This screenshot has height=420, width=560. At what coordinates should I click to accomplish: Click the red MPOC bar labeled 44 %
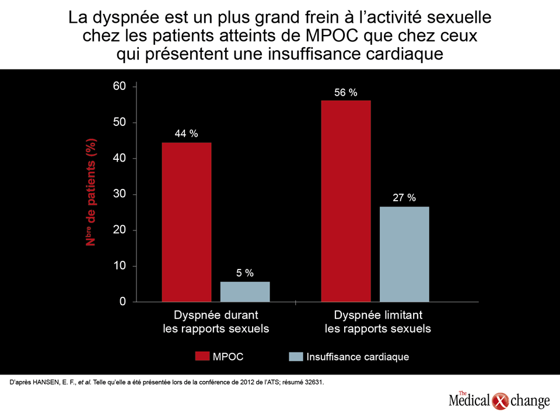click(x=187, y=222)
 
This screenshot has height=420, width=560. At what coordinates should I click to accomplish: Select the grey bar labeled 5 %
click(x=245, y=292)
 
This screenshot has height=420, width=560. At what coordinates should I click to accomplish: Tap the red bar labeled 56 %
click(x=346, y=201)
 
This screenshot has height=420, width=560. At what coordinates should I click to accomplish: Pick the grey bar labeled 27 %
click(x=404, y=254)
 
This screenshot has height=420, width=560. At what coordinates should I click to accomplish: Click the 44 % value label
click(x=187, y=134)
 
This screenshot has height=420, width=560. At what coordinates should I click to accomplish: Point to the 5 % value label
click(x=245, y=273)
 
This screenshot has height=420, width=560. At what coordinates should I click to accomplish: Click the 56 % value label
click(x=346, y=93)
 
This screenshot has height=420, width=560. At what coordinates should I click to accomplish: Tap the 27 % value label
click(x=404, y=198)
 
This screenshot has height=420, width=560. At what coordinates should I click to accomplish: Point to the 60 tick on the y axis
click(x=119, y=86)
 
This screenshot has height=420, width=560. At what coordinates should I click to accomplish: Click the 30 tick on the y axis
click(x=119, y=194)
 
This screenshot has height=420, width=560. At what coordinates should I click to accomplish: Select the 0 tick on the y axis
click(x=123, y=302)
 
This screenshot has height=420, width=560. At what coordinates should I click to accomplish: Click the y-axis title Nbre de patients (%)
click(x=91, y=192)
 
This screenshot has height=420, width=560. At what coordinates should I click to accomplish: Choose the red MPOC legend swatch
click(x=202, y=356)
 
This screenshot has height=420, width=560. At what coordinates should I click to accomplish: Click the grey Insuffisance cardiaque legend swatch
click(x=296, y=356)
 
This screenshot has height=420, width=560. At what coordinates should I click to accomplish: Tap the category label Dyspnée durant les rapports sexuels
click(x=216, y=322)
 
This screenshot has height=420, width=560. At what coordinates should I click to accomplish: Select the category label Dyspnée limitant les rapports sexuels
click(x=378, y=322)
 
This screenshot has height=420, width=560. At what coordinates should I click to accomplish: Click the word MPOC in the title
click(x=331, y=36)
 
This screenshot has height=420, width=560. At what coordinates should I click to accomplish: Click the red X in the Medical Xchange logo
click(x=500, y=401)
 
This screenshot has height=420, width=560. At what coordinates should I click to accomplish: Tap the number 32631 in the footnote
click(x=314, y=383)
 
